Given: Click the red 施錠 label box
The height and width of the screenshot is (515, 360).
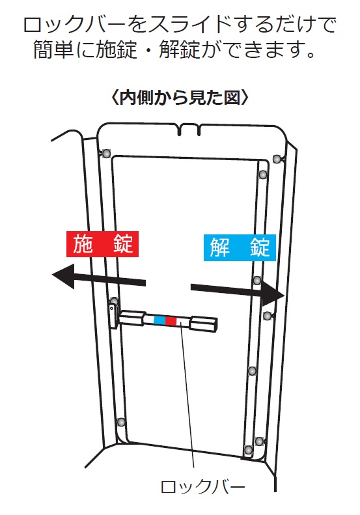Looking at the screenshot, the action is point(102,244).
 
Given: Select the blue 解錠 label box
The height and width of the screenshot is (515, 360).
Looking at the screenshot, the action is point(240,247).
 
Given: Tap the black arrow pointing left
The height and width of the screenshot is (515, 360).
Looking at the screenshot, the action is point(98,277).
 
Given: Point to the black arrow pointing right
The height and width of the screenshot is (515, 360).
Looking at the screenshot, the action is point(238,293).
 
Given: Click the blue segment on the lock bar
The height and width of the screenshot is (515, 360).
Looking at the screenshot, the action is point(159,320).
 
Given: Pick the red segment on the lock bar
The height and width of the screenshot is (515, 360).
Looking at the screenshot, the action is point(171,321).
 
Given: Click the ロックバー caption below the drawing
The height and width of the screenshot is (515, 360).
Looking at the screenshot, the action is point(202,488).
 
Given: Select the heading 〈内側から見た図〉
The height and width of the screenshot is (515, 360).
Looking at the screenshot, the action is point(180,98).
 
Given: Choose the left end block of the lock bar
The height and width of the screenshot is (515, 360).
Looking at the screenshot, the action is point(132,318).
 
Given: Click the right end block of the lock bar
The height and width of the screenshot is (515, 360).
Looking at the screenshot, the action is point(203,324).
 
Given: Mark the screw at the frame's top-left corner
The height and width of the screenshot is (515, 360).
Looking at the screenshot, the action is point(106,154).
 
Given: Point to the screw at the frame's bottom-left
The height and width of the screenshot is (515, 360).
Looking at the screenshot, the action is point(121,422).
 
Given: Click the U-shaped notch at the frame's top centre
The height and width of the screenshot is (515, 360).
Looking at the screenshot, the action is point(189,130).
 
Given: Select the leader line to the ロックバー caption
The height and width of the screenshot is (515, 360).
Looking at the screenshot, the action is point(187,395).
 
